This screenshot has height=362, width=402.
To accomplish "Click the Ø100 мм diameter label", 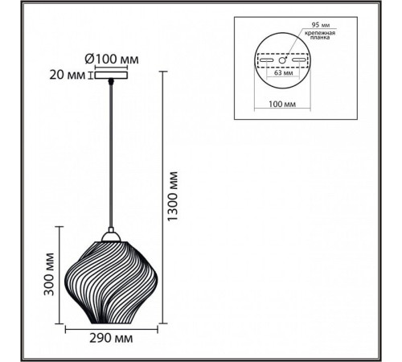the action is pyautogui.click(x=112, y=59).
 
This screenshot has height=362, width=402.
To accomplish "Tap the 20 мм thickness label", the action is pyautogui.click(x=67, y=75).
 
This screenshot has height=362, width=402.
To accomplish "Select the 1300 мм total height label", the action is pyautogui.click(x=172, y=196).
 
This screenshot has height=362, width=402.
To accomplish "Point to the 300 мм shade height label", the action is pyautogui.click(x=49, y=274).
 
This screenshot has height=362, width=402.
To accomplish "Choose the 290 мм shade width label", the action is pyautogui.click(x=111, y=339).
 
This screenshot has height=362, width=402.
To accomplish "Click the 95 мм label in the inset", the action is pyautogui.click(x=320, y=25).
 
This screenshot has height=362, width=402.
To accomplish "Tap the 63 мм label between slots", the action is pyautogui.click(x=283, y=72).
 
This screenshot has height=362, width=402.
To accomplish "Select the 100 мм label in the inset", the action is pyautogui.click(x=282, y=104).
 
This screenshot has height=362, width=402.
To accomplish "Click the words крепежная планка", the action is pyautogui.click(x=319, y=35).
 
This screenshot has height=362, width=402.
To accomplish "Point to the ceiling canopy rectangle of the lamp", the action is pyautogui.click(x=111, y=75).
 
